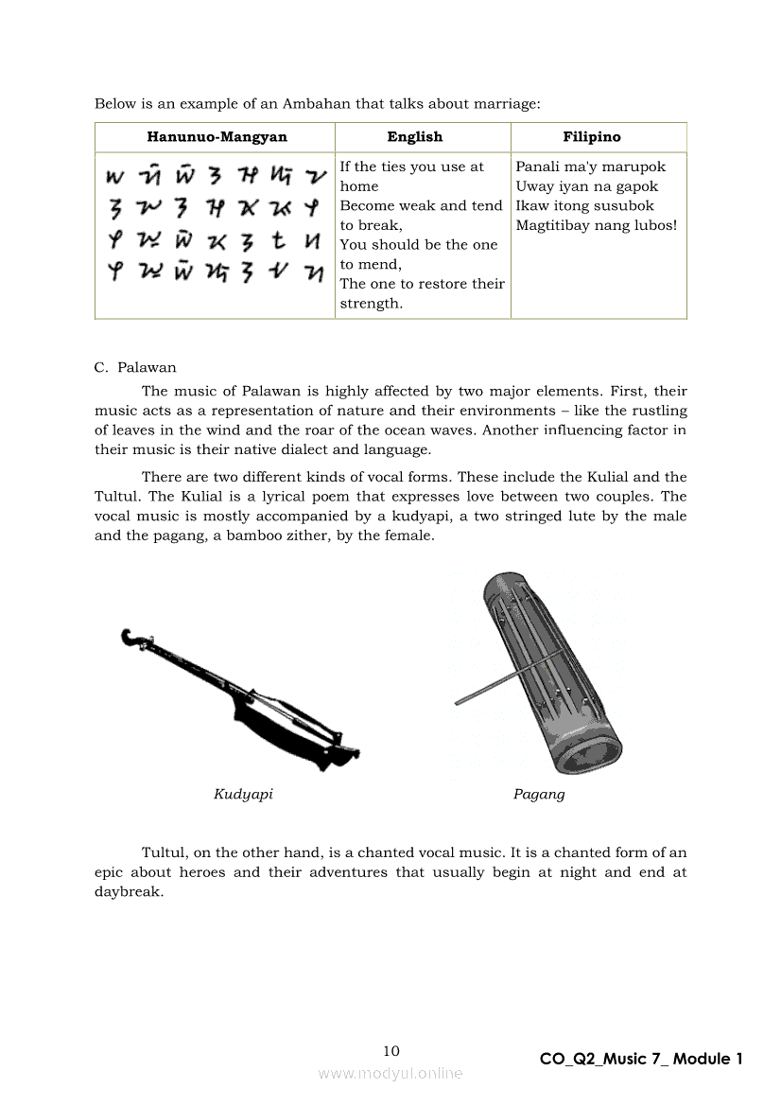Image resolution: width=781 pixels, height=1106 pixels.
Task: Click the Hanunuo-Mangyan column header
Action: (217, 137)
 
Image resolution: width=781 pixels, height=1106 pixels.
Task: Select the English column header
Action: (414, 137)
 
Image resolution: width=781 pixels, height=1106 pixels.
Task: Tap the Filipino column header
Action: (592, 137)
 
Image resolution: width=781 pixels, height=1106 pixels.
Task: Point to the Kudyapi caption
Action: (243, 794)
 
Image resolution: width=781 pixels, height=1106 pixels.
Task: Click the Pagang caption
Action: (539, 794)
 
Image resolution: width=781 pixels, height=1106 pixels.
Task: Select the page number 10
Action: (391, 1051)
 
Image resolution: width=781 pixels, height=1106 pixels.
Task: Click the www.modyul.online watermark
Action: (390, 1073)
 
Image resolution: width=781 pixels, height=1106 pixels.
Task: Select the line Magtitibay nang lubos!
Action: (596, 225)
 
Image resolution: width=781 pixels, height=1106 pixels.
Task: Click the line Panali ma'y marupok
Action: (590, 167)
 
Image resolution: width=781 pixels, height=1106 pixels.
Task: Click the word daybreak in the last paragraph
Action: (128, 891)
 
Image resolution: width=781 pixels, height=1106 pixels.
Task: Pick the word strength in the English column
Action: (370, 304)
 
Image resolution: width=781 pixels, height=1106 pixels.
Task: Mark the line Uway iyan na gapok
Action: (586, 186)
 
